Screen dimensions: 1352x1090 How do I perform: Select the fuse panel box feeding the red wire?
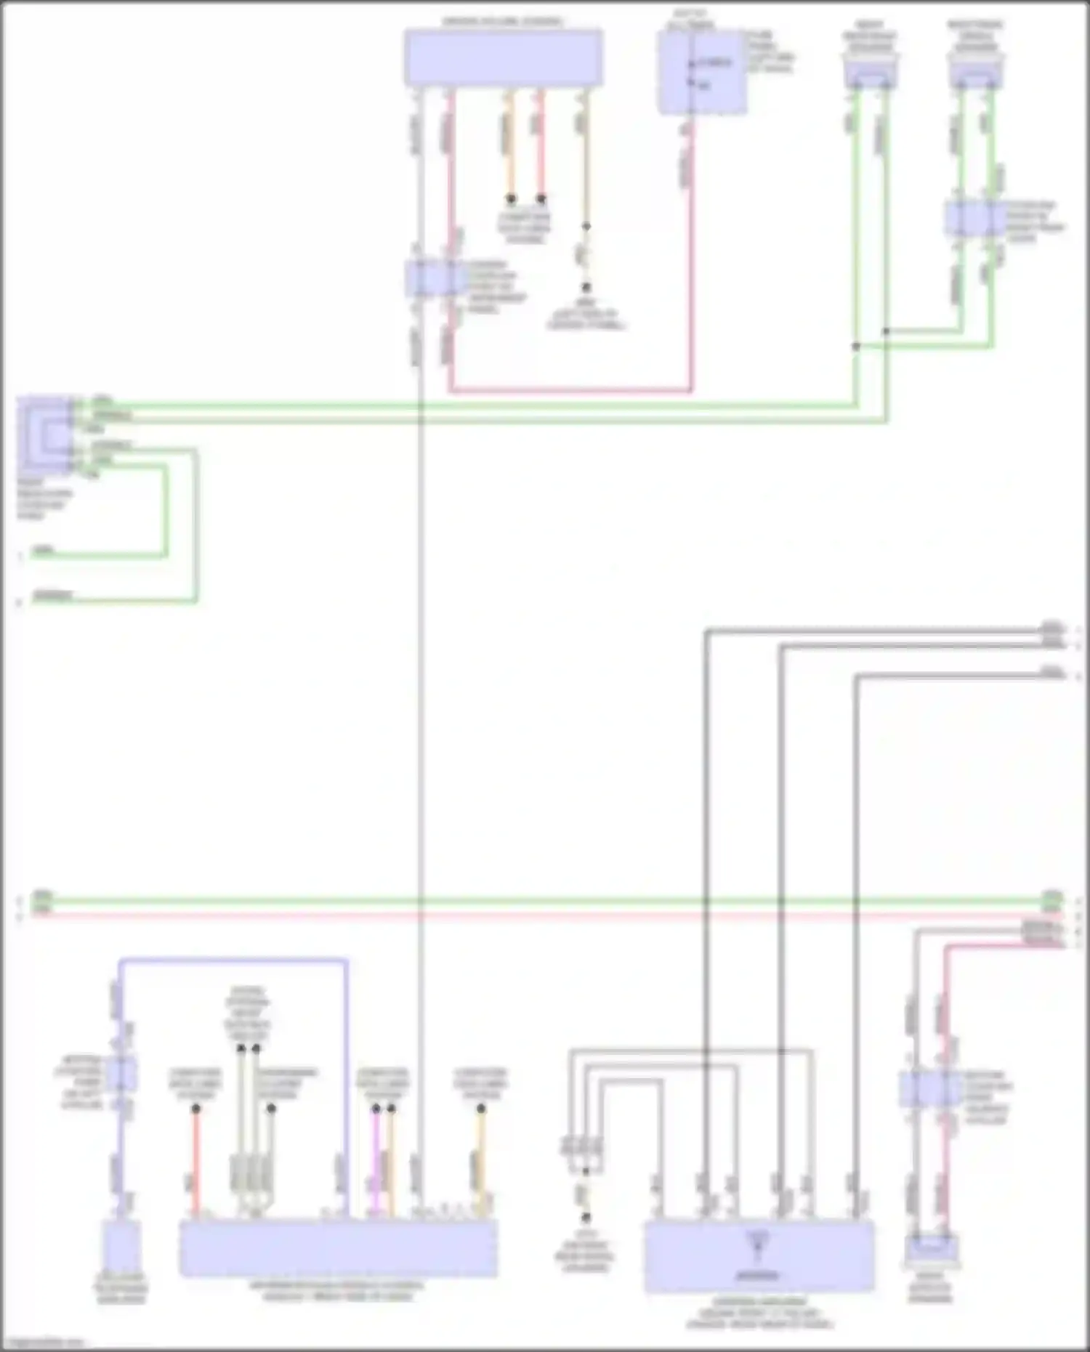coord(701,73)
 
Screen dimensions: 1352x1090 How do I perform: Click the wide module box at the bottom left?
coord(339,1247)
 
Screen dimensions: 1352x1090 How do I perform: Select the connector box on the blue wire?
coord(121,1074)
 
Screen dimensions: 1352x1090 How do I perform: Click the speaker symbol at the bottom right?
coord(931,1249)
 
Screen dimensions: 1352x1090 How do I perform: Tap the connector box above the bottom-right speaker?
coord(931,1089)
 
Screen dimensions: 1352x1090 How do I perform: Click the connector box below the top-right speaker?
coord(976,218)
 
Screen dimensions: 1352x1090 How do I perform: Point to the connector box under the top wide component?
coord(434,279)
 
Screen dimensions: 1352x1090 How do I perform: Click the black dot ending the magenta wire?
coord(376,1109)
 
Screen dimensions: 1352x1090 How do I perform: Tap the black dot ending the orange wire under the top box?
coord(511,198)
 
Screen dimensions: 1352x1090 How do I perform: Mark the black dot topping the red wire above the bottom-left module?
coord(195,1109)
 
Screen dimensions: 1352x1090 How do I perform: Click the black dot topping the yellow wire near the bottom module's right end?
coord(480,1109)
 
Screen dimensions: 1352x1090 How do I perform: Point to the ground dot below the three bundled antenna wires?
coord(586,1218)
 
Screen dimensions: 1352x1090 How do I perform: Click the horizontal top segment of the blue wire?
coord(233,961)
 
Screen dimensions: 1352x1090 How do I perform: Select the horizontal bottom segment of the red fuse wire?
coord(570,391)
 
